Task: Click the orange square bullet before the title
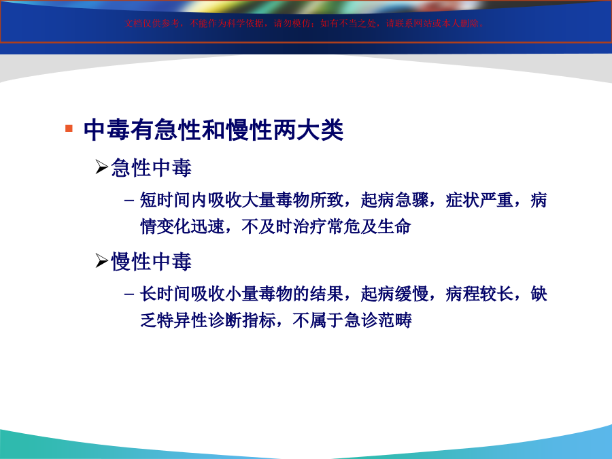click(69, 129)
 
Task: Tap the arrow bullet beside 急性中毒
click(102, 167)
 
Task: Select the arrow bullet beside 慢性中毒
click(102, 260)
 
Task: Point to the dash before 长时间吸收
click(129, 294)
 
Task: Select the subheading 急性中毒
click(152, 168)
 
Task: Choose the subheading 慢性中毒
click(152, 262)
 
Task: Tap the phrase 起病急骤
click(394, 200)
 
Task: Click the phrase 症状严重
click(479, 200)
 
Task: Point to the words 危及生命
click(377, 226)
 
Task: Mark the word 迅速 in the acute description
click(207, 226)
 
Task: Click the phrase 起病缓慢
click(394, 294)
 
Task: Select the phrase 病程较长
click(479, 294)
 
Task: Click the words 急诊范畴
click(378, 320)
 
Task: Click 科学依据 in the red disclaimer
click(245, 23)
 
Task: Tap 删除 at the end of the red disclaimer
click(470, 23)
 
